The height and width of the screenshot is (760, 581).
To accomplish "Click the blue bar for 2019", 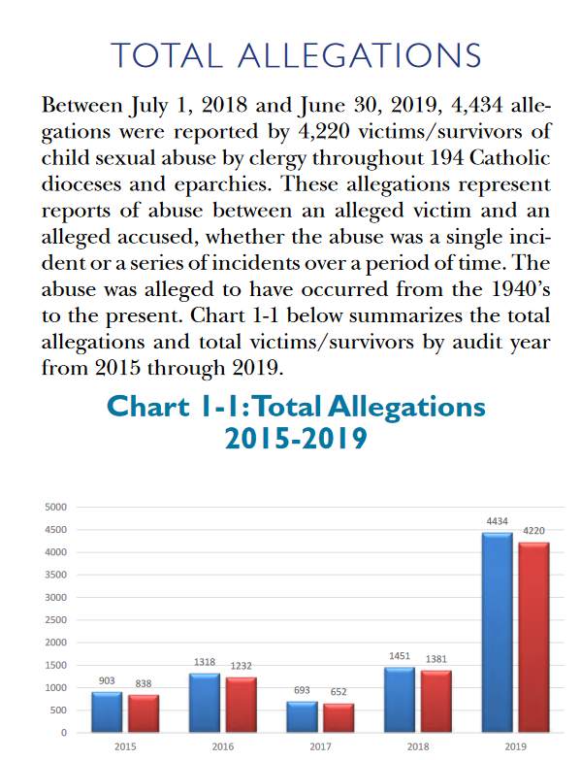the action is [498, 632].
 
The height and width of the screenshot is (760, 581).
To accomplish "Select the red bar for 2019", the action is [534, 637].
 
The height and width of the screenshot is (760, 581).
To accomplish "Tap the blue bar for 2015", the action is [107, 711].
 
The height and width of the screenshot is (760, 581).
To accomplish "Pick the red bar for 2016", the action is [242, 705].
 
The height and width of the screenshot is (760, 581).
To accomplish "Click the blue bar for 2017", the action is [302, 716].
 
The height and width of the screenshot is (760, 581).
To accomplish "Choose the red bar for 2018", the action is [436, 701].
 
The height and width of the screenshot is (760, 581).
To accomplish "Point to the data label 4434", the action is [498, 521].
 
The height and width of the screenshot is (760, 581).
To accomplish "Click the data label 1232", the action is [242, 666].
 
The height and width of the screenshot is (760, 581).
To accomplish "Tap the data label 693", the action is [302, 690].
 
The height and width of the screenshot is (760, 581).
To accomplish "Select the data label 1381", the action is [436, 659].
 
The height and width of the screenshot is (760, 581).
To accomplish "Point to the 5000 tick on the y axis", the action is [55, 507].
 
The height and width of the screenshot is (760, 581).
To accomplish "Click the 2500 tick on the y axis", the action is [55, 620].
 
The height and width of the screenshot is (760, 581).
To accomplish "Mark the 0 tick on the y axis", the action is [64, 733].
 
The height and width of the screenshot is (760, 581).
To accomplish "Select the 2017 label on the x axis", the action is [320, 747].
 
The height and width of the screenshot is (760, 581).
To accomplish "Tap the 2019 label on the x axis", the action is [516, 747].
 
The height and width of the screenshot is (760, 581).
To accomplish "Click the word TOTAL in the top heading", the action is [167, 55].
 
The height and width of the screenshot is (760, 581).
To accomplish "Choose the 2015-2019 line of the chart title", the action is [296, 439].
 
